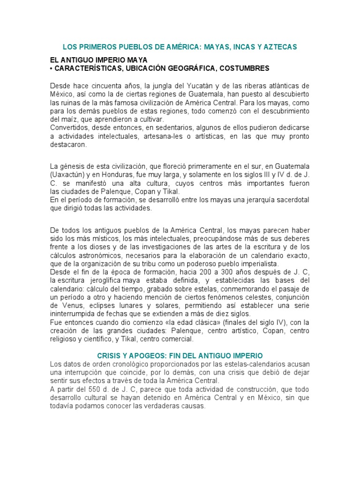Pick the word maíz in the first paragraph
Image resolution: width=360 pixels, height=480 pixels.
coord(65,119)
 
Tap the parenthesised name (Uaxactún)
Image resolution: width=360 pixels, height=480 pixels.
coord(67,175)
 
